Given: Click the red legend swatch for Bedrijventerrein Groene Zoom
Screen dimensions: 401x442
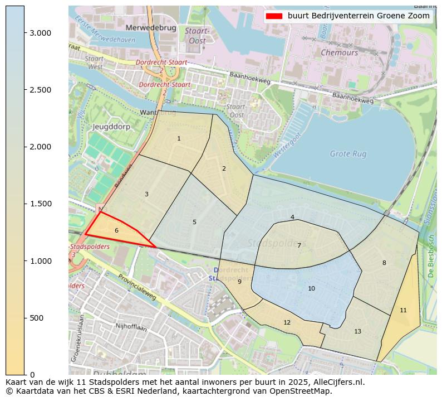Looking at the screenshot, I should [x=275, y=16].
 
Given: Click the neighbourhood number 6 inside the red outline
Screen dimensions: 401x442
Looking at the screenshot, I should [x=116, y=230].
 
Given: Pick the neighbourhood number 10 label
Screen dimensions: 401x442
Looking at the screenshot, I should [x=311, y=288].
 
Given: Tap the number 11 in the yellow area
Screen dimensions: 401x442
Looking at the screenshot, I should [x=403, y=310].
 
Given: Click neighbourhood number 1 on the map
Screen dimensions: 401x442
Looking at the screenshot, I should [x=179, y=138].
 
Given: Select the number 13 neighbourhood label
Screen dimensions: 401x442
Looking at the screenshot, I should [x=357, y=331].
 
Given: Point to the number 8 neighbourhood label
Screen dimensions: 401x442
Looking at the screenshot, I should [x=384, y=263].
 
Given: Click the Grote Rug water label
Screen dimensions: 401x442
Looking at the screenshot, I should [x=348, y=153].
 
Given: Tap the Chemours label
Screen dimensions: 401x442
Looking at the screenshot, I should [x=339, y=52].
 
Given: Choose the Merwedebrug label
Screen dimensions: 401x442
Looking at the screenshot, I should [x=151, y=27].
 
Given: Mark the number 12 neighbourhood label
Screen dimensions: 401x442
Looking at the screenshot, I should [x=287, y=322].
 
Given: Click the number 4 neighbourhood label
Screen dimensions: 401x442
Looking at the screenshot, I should [x=292, y=217].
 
